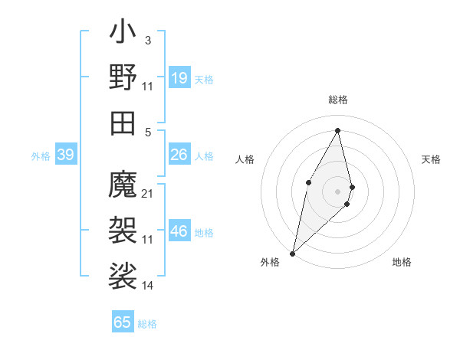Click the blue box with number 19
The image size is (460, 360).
[x=179, y=78]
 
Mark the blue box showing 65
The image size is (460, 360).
[x=123, y=322]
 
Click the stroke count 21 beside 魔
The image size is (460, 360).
[x=148, y=193]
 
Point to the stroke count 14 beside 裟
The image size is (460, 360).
[x=148, y=286]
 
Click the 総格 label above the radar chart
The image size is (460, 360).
[x=338, y=100]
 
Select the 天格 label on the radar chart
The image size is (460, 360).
[x=432, y=159]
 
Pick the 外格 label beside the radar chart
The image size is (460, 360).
[x=270, y=263]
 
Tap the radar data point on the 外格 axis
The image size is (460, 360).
[x=293, y=253]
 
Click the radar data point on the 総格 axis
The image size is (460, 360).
[x=338, y=130]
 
